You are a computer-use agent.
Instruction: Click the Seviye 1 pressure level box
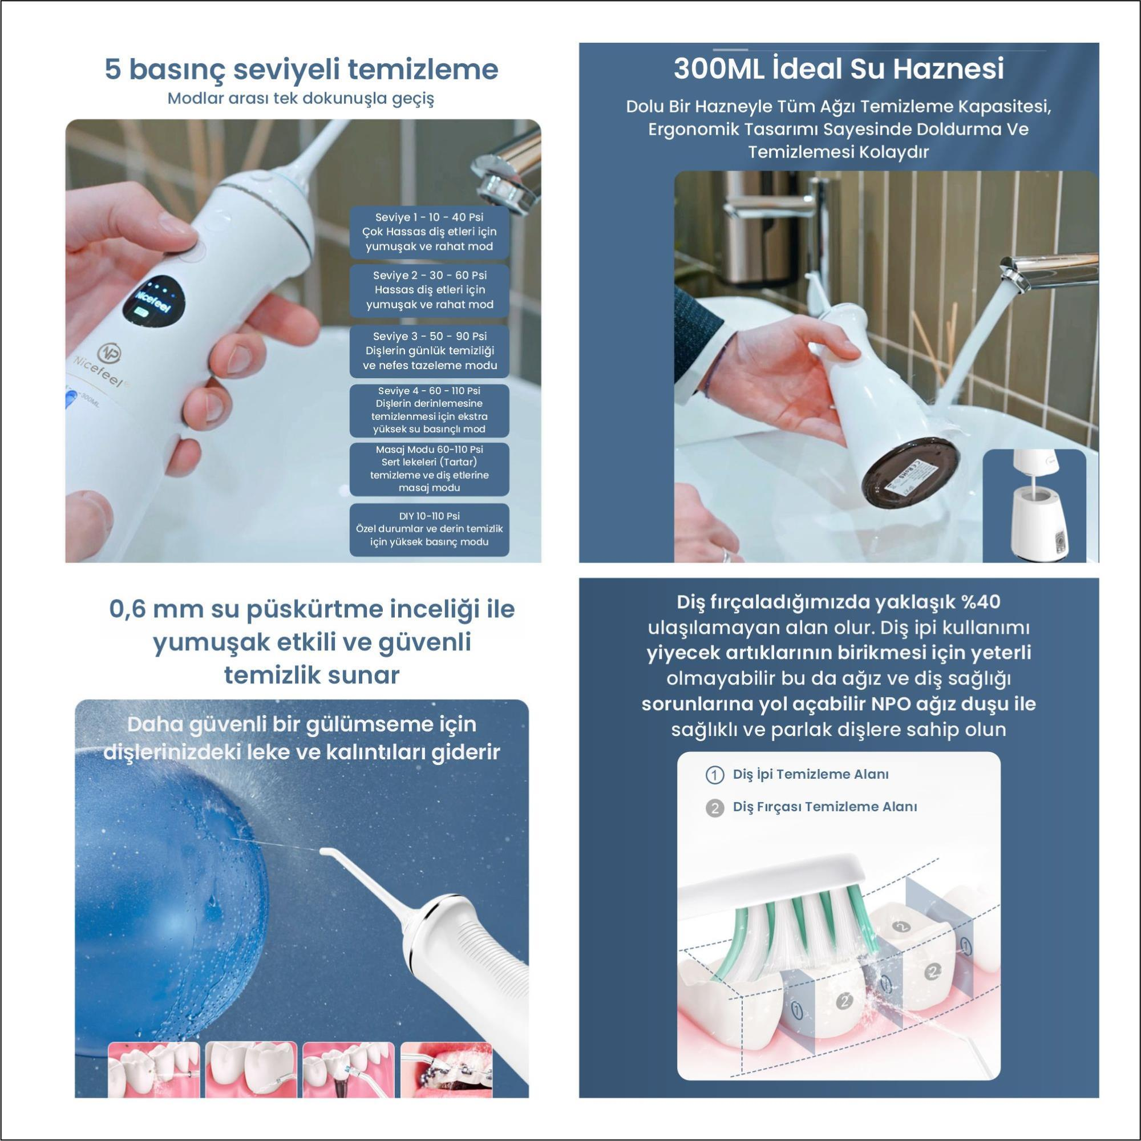430,232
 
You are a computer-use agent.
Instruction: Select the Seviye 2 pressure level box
430,290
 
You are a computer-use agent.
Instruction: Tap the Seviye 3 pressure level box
430,351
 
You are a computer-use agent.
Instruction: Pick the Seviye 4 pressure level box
430,410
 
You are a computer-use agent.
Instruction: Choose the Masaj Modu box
430,469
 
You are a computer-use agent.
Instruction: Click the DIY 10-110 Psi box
430,530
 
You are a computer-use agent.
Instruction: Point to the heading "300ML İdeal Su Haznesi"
839,68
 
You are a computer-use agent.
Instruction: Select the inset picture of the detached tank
1034,505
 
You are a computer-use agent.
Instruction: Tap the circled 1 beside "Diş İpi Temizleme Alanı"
715,775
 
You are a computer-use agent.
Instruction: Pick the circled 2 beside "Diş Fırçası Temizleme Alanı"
715,807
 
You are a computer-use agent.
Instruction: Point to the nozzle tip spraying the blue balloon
323,852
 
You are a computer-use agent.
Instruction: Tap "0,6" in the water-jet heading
128,610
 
